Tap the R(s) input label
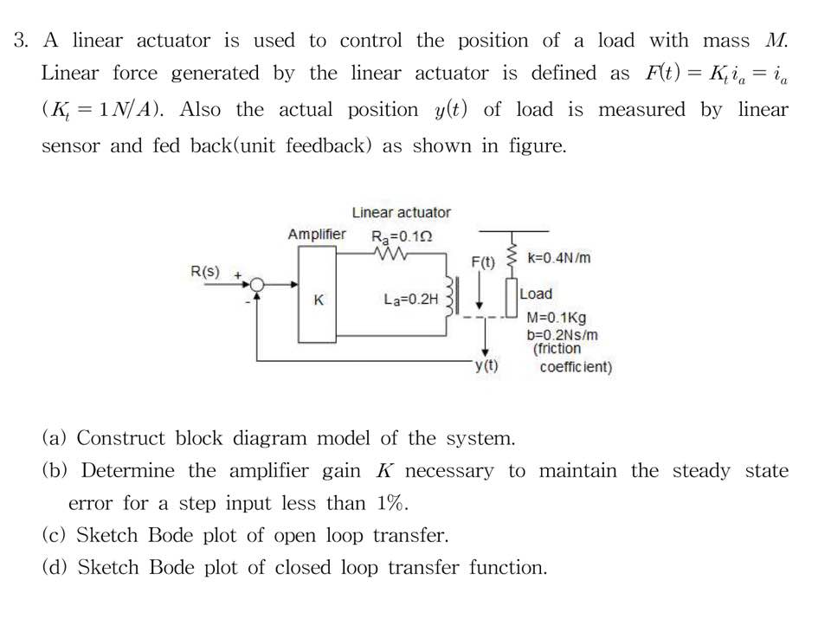click(x=205, y=272)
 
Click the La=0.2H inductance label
click(x=411, y=300)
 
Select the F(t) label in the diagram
click(x=483, y=262)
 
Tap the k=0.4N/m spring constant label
click(x=558, y=258)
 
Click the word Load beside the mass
click(x=536, y=294)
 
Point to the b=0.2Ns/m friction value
click(x=562, y=334)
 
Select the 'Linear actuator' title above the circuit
click(x=401, y=212)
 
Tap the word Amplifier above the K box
click(x=316, y=235)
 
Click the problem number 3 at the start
click(x=21, y=41)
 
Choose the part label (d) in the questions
click(x=56, y=567)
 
